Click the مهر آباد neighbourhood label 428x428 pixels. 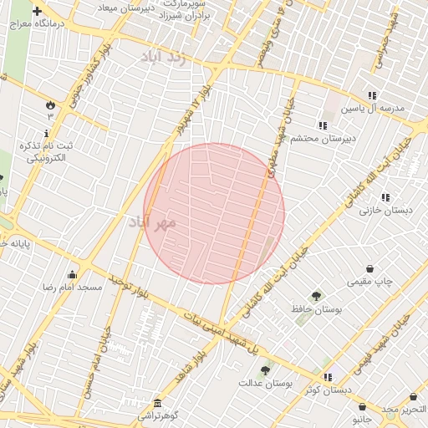[154, 222]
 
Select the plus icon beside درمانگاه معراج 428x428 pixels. [37, 12]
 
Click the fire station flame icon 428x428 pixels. [50, 105]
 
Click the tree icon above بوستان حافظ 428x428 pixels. [316, 296]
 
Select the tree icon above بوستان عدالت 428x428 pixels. [265, 370]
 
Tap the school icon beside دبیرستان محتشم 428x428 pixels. [323, 125]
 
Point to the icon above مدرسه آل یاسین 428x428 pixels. [371, 95]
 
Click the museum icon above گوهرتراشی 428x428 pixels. [157, 403]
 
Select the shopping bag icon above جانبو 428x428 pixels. [362, 406]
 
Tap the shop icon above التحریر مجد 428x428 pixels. [413, 397]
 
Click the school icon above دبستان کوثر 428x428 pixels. [328, 377]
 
